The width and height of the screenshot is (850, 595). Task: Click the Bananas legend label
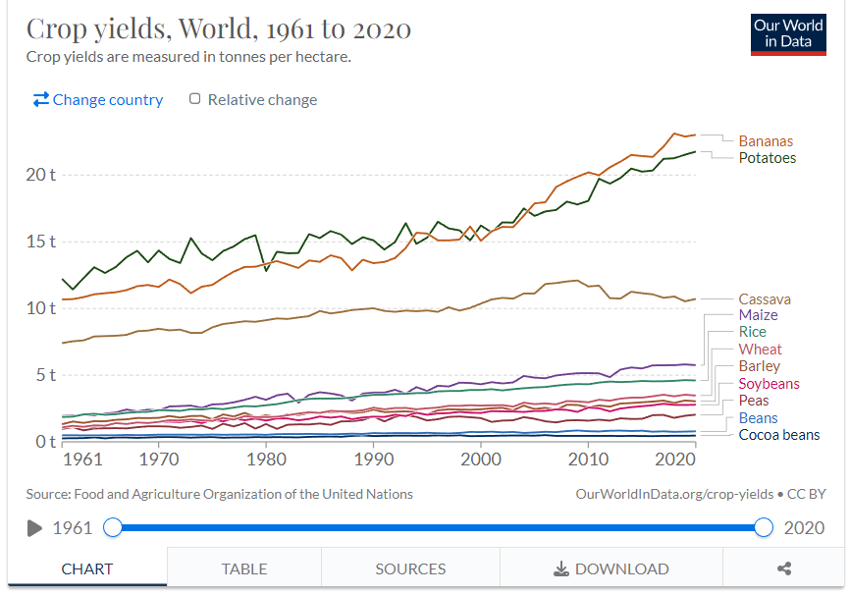(x=766, y=141)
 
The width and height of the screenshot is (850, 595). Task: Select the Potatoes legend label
(x=767, y=158)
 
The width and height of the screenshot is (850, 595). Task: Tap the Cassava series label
(x=765, y=299)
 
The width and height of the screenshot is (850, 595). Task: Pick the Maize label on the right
(x=758, y=315)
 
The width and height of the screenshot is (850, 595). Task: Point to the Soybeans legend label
(x=769, y=384)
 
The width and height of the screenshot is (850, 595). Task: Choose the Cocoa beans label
(x=779, y=435)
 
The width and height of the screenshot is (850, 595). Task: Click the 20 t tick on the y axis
(x=40, y=175)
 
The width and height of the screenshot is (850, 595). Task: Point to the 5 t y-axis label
(x=45, y=375)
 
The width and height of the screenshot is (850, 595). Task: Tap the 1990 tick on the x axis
(x=374, y=460)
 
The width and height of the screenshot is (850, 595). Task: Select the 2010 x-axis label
(x=588, y=460)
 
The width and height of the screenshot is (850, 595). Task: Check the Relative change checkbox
(x=194, y=99)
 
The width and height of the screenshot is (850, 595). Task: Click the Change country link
(x=98, y=100)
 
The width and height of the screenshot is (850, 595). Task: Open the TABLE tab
(x=244, y=568)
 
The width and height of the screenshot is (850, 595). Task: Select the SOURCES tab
(x=410, y=568)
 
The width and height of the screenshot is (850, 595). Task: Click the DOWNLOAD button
(x=611, y=568)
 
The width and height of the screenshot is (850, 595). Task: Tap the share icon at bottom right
(x=784, y=568)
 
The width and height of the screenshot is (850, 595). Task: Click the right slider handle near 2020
(x=764, y=527)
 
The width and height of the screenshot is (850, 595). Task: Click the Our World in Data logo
(x=788, y=34)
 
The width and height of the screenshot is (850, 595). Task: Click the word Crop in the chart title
(x=56, y=29)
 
